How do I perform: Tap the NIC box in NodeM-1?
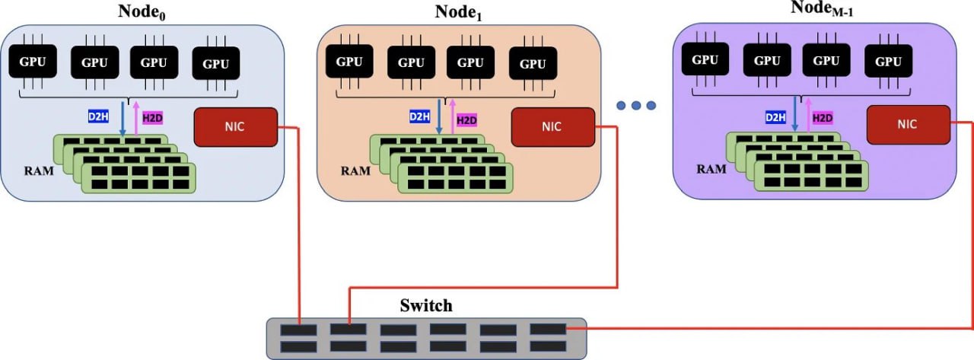coord(908,124)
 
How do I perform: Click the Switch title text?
coord(426,306)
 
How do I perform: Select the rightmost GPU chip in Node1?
coord(533,63)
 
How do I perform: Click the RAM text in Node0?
coord(38,170)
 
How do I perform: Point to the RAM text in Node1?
coord(355,170)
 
